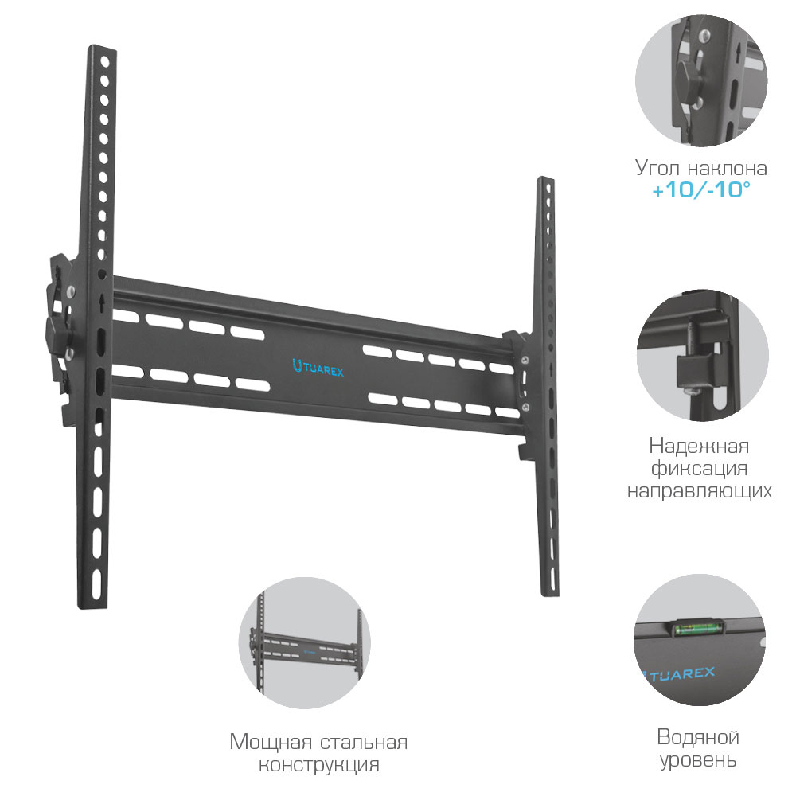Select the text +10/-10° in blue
pos(700,192)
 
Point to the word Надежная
pos(699,445)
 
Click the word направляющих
pos(699,490)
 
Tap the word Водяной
pos(698,736)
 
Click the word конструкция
pos(318,766)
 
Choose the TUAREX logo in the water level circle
pos(678,673)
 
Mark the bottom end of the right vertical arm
pos(548,589)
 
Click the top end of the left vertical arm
pos(102,50)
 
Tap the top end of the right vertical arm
pos(544,182)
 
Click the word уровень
pos(698,759)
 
